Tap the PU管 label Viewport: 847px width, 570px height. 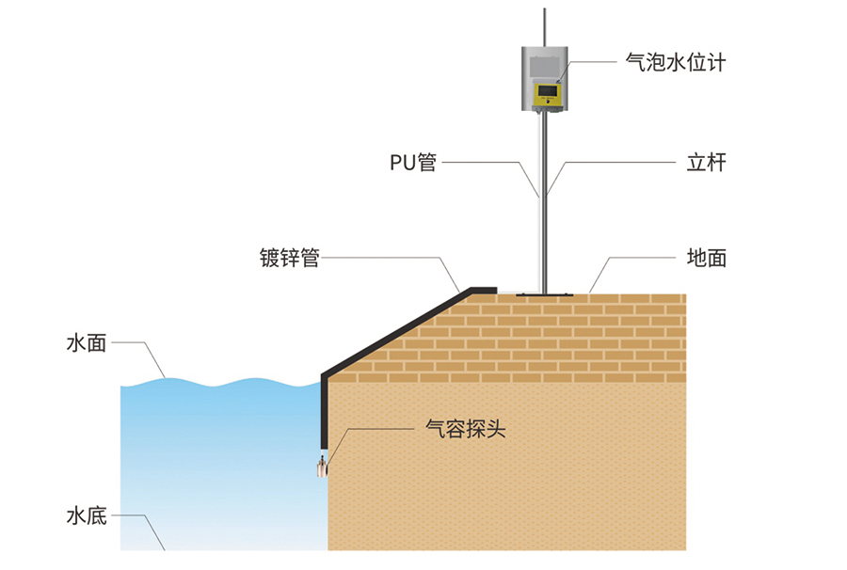(x=413, y=162)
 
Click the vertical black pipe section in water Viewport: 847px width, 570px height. (x=323, y=414)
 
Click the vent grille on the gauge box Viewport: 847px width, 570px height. (x=543, y=62)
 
